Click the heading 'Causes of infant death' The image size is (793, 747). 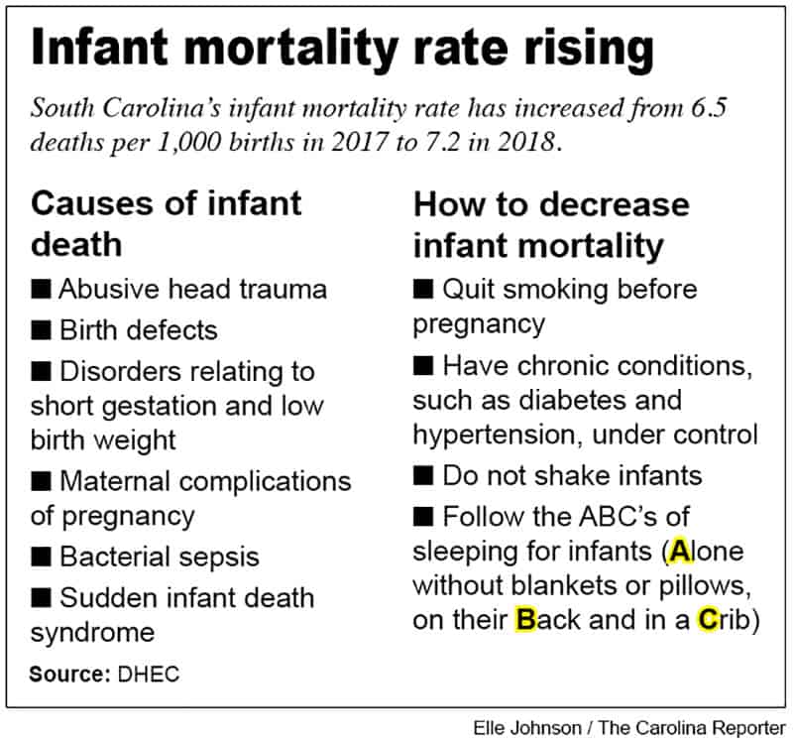point(166,222)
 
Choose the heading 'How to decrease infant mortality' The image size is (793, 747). point(551,222)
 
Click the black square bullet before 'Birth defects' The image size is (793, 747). point(42,328)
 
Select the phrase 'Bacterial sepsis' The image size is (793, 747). point(159,557)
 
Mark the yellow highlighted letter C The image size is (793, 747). point(709,620)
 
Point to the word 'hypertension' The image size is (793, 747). point(497,435)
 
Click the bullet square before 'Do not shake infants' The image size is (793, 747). point(423,474)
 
